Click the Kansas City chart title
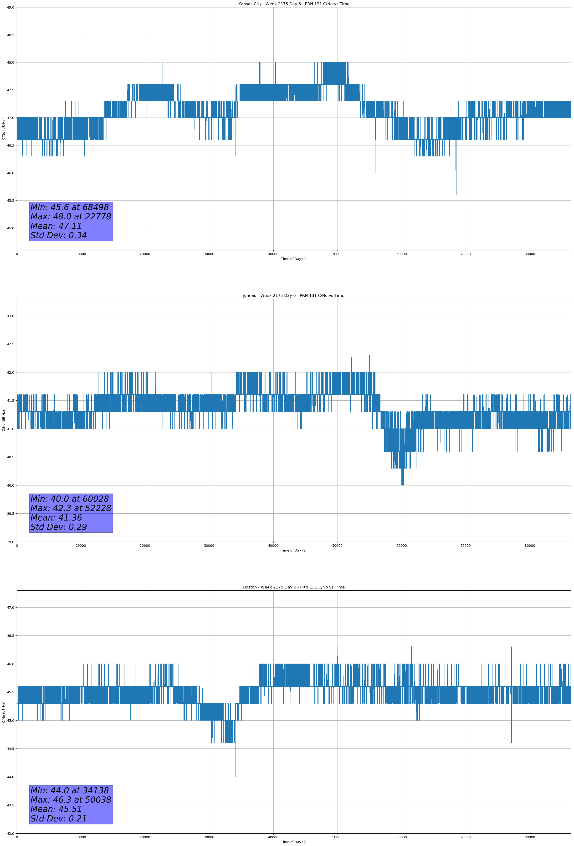point(293,4)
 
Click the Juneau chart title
point(293,296)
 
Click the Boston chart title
point(293,587)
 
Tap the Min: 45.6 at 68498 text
point(70,207)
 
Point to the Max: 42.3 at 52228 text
point(71,508)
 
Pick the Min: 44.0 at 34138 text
point(70,790)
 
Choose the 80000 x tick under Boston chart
point(530,837)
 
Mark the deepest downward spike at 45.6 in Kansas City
point(456,193)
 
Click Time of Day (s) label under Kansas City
point(293,259)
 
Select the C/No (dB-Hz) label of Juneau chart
point(4,420)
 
